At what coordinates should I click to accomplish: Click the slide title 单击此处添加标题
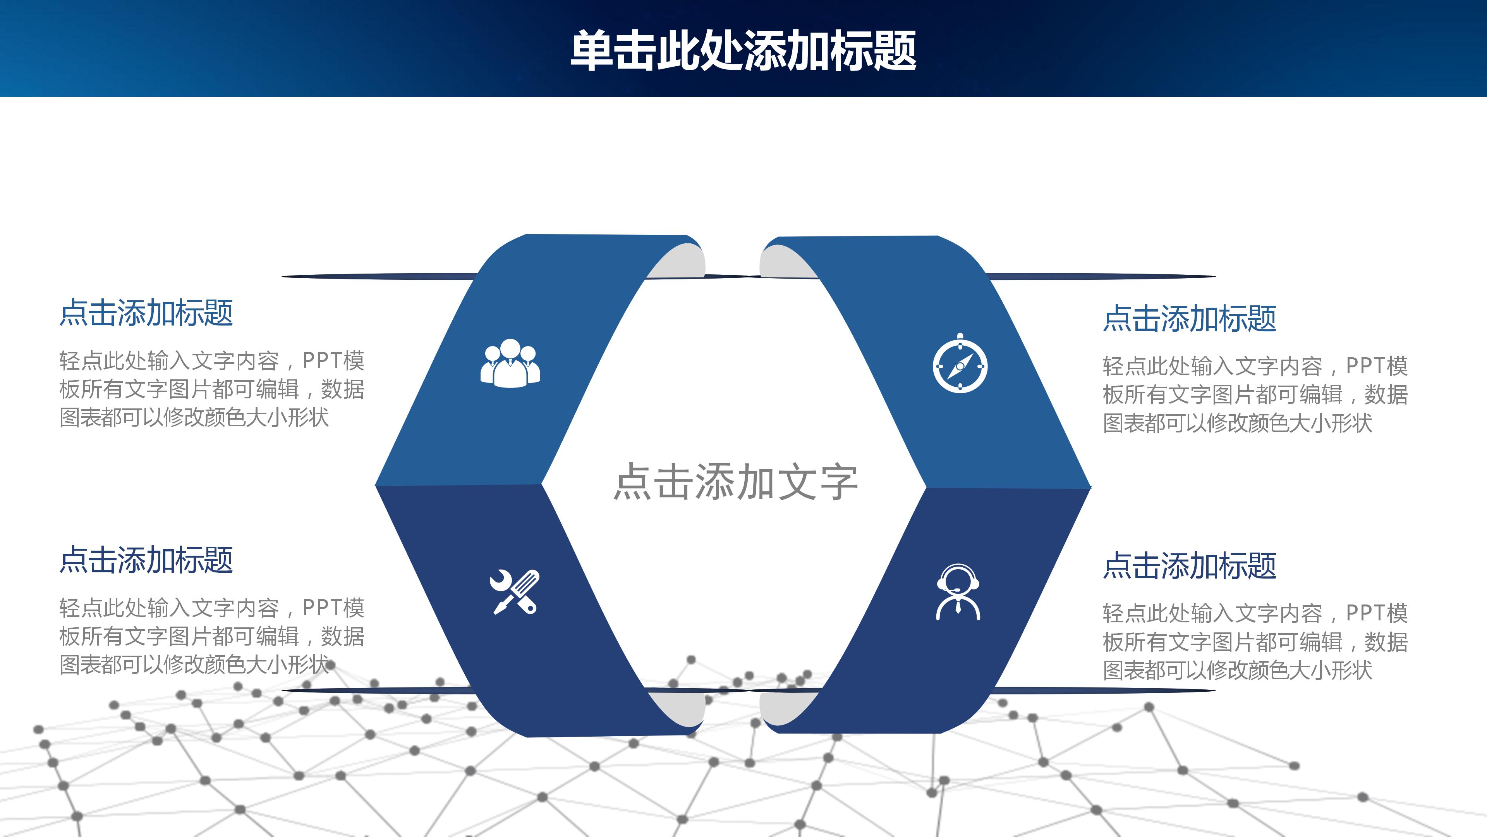coord(743,51)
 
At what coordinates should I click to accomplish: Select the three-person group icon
coord(510,363)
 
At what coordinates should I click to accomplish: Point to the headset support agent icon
coord(958,592)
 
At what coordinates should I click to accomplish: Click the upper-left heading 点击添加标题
coord(146,313)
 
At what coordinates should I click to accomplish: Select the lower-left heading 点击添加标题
coord(146,560)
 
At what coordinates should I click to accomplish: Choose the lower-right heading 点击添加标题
coord(1189,565)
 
